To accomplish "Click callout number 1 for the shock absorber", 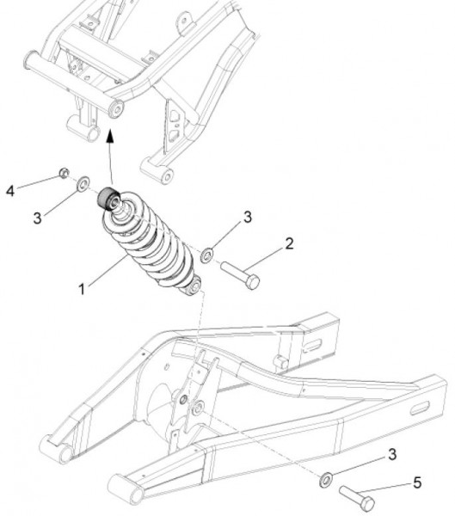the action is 82,289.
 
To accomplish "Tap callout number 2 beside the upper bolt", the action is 289,244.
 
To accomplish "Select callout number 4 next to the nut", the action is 10,191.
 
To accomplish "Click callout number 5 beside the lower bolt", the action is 417,482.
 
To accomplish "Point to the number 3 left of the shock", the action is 38,218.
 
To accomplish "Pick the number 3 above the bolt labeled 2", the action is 247,218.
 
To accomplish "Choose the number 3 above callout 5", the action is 392,454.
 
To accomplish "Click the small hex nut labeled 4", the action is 64,173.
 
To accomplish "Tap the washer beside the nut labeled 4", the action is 83,184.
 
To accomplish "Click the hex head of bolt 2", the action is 253,282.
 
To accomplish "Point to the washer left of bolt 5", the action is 326,480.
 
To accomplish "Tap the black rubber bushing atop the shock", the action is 107,199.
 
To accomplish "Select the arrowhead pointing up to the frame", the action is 111,136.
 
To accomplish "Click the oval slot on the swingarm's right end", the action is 420,408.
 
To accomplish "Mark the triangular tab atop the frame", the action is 185,22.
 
